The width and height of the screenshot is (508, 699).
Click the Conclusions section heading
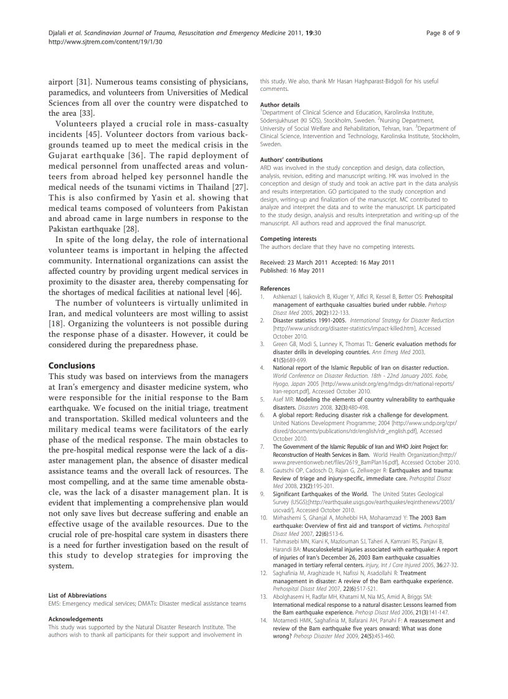(x=72, y=365)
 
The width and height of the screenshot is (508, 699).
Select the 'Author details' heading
(x=280, y=105)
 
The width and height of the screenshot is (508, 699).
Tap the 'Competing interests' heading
(x=288, y=239)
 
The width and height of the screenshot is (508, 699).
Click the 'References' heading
(x=275, y=289)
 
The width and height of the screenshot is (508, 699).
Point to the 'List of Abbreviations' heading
(x=77, y=596)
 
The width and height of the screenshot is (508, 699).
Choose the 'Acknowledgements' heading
(x=75, y=619)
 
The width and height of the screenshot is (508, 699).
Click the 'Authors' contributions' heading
(x=291, y=160)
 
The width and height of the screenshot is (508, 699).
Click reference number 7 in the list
(x=263, y=447)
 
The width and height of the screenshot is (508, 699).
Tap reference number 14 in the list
(x=264, y=621)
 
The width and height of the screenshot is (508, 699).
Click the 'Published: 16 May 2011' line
(x=292, y=271)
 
